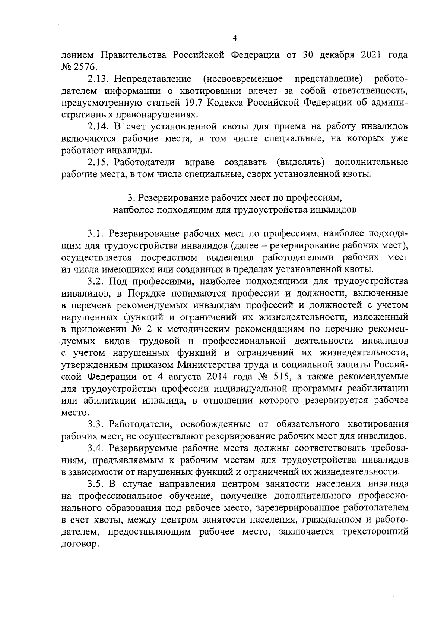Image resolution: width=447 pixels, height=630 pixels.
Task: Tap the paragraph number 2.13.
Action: coord(98,79)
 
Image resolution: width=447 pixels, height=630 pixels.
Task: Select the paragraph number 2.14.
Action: coord(98,126)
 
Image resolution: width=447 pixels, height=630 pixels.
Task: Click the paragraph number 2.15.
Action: coord(98,162)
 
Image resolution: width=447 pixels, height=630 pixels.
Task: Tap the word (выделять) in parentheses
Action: coord(301,162)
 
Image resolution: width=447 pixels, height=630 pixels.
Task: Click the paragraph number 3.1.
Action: coord(96,233)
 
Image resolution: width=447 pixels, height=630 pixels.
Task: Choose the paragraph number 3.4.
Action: coord(97,448)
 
